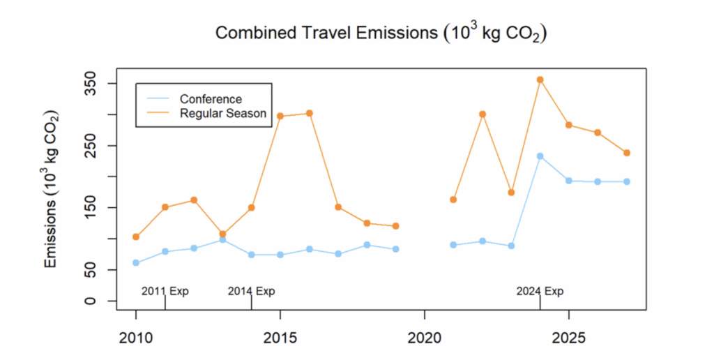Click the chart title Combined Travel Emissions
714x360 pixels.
pyautogui.click(x=380, y=33)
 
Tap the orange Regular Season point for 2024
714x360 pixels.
pyautogui.click(x=540, y=80)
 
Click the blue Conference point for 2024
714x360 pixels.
pyautogui.click(x=540, y=156)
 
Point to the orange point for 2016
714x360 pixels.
pyautogui.click(x=309, y=113)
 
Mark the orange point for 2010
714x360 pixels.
pyautogui.click(x=136, y=237)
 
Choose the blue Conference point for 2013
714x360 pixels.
pyautogui.click(x=222, y=240)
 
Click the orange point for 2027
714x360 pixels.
pyautogui.click(x=626, y=153)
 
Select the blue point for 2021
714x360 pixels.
pyautogui.click(x=453, y=245)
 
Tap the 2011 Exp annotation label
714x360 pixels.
pyautogui.click(x=165, y=291)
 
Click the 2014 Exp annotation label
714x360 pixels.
pyautogui.click(x=252, y=291)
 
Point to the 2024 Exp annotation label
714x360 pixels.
pyautogui.click(x=540, y=291)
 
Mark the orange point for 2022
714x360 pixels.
pyautogui.click(x=482, y=114)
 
